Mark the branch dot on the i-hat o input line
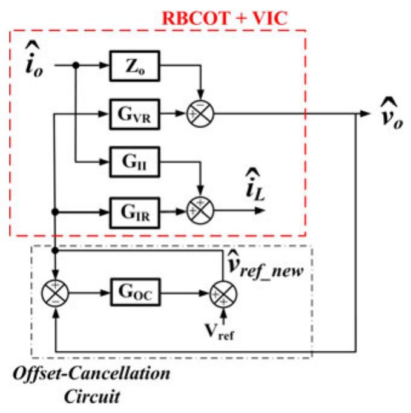(75, 65)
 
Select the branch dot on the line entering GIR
(56, 212)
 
